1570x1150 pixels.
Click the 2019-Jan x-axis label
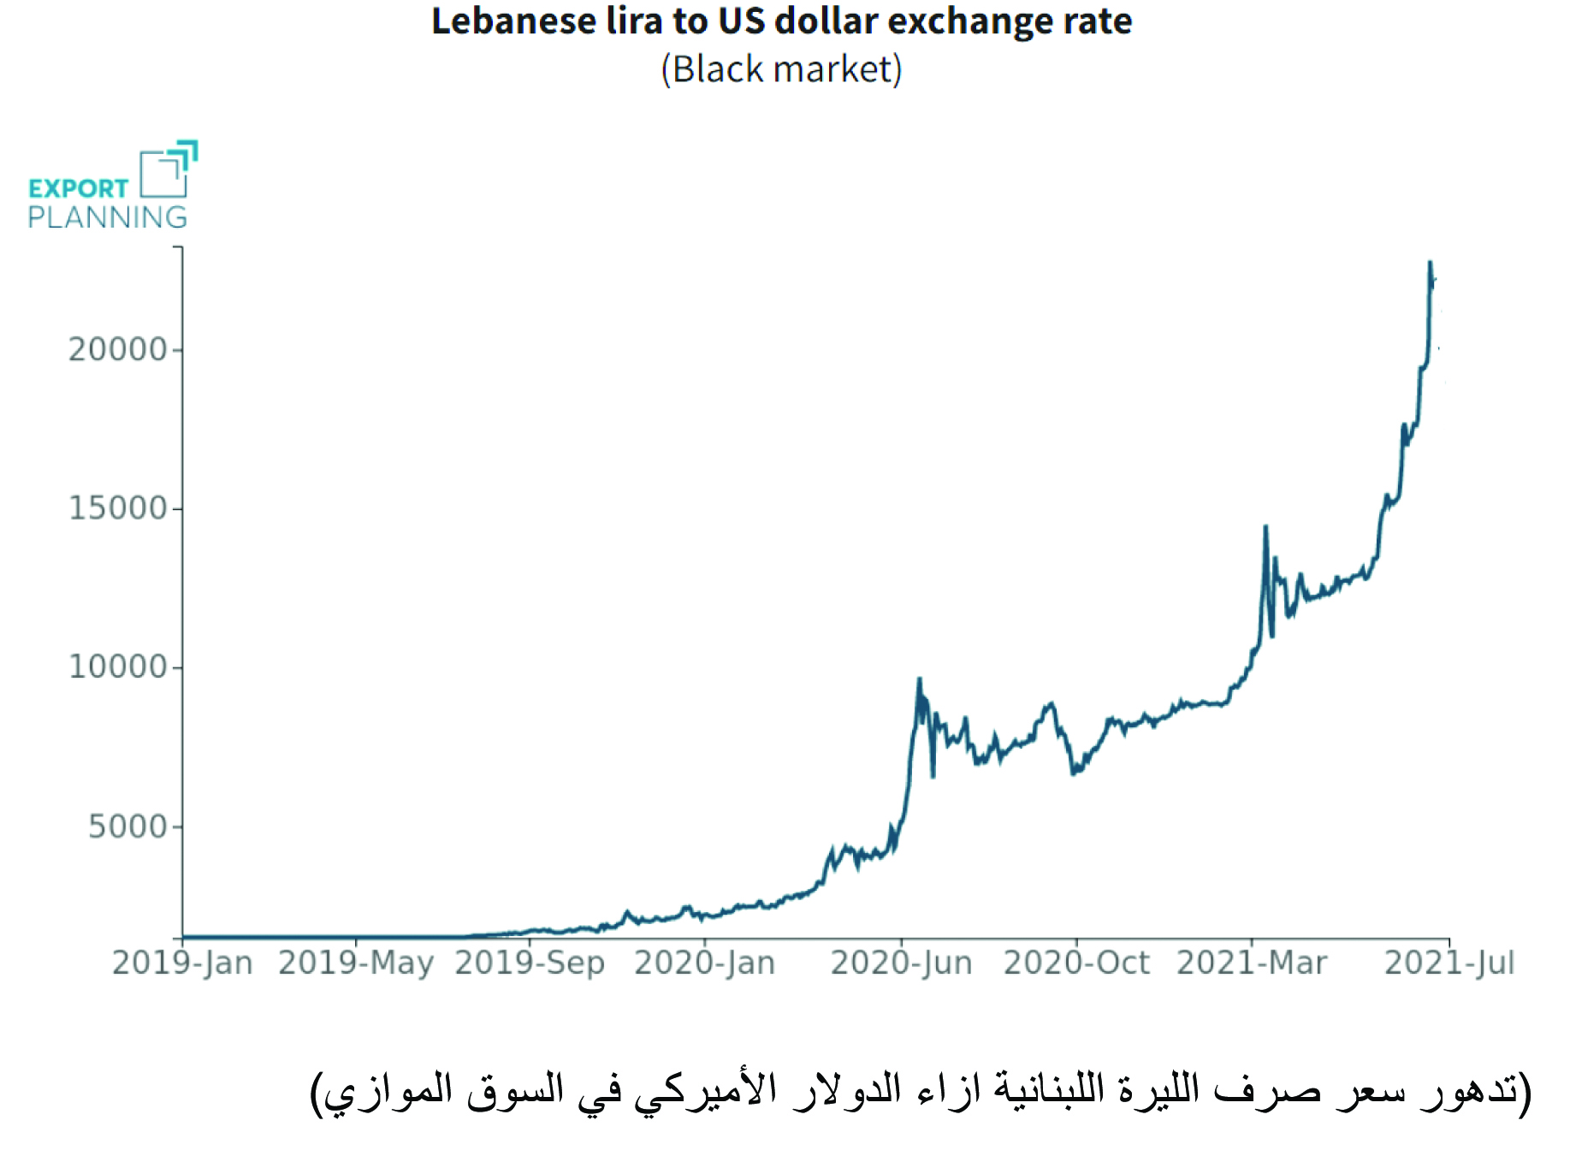pos(182,963)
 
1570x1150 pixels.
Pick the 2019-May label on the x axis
pos(356,963)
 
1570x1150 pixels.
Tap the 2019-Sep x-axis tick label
pos(530,963)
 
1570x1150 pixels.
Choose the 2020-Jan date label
pos(704,963)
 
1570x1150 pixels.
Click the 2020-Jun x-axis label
pos(901,963)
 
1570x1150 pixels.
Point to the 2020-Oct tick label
pos(1076,963)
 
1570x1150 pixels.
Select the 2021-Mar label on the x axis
pos(1252,963)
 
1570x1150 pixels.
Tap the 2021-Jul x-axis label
pos(1449,963)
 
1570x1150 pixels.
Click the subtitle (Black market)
pos(781,69)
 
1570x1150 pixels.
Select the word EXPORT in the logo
pos(78,188)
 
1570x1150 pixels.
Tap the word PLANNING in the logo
pos(107,217)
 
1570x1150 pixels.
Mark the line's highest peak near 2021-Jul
pos(1430,263)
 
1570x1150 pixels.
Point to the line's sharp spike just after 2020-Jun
pos(920,680)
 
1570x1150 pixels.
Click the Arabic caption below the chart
pos(920,1092)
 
